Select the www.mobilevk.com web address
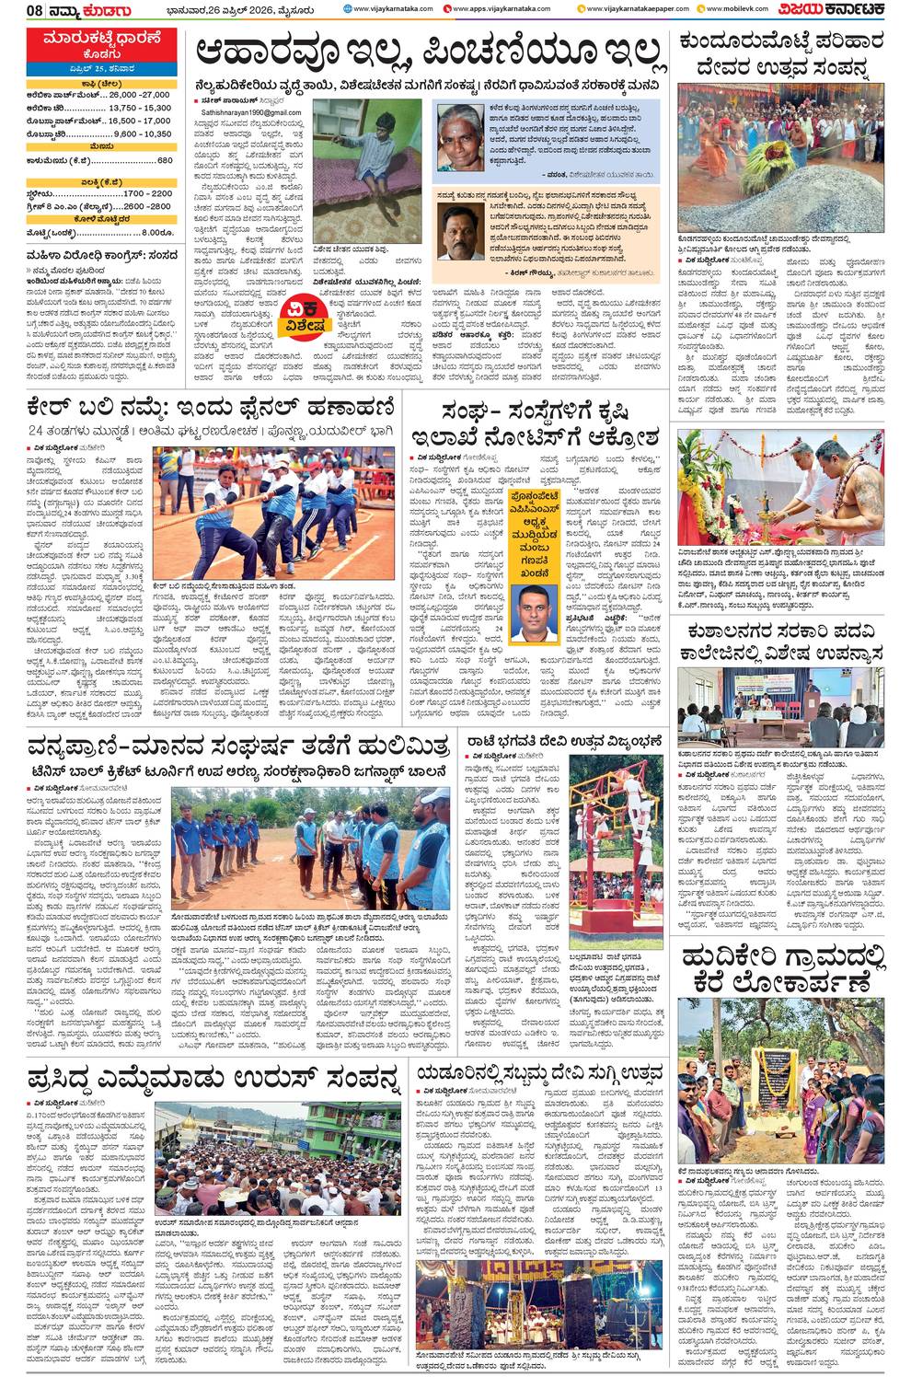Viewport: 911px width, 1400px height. (x=735, y=9)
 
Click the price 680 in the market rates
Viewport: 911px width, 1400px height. (x=164, y=160)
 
